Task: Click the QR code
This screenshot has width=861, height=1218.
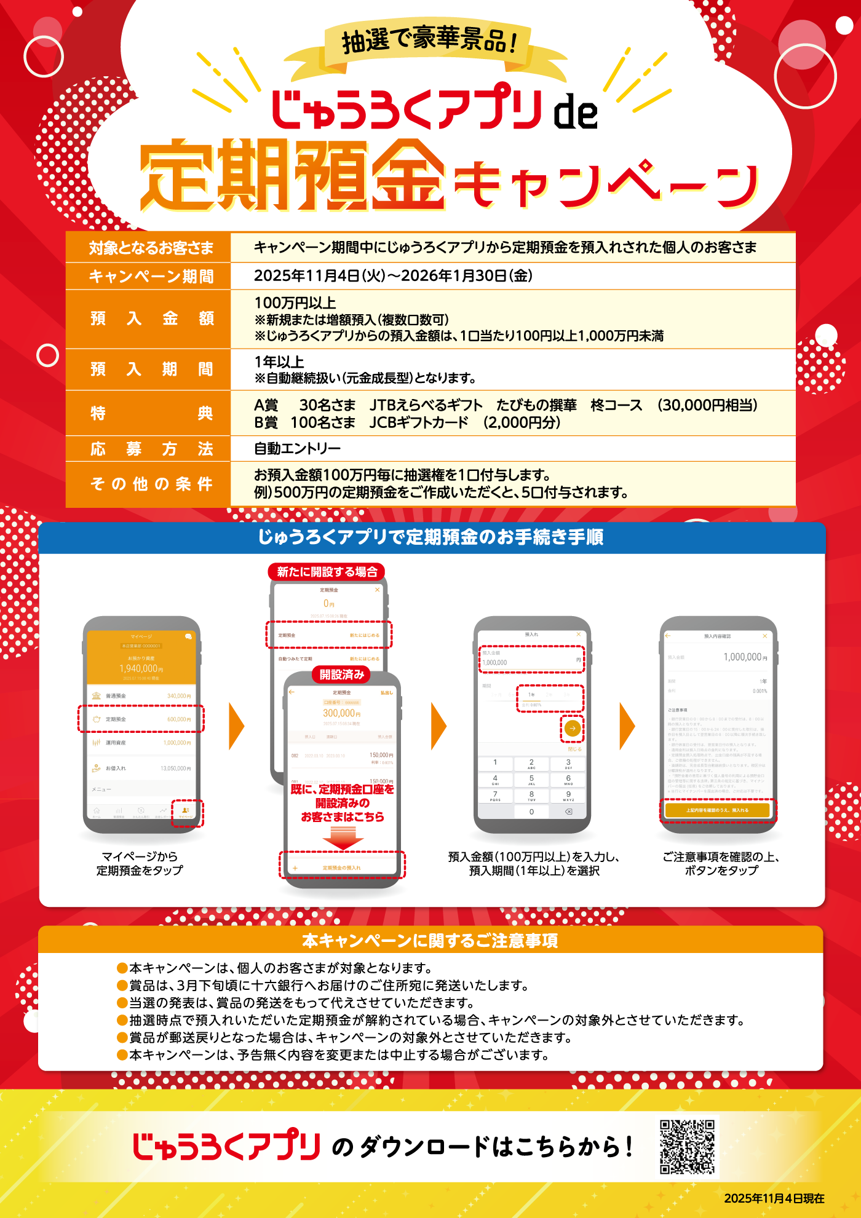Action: pyautogui.click(x=687, y=1147)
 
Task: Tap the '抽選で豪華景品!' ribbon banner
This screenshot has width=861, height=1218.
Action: pyautogui.click(x=429, y=41)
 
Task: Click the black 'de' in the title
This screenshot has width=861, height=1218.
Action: pyautogui.click(x=576, y=112)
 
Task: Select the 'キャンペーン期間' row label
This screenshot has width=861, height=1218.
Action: pyautogui.click(x=151, y=277)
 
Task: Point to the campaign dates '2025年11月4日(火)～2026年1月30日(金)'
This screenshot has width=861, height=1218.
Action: pyautogui.click(x=393, y=276)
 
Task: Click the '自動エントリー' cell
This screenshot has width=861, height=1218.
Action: pyautogui.click(x=297, y=449)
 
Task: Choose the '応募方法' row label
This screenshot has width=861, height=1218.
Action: pyautogui.click(x=151, y=449)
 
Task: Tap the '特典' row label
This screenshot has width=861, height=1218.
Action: pyautogui.click(x=151, y=413)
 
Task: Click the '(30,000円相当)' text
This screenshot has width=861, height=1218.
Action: pyautogui.click(x=707, y=405)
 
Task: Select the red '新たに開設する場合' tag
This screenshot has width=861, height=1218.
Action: pyautogui.click(x=327, y=572)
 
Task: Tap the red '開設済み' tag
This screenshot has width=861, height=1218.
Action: pyautogui.click(x=341, y=674)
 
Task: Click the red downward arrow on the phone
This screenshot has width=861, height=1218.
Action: pyautogui.click(x=343, y=837)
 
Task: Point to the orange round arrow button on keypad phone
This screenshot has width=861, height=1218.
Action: pyautogui.click(x=572, y=729)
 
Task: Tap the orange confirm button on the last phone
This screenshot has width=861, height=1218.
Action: pyautogui.click(x=717, y=810)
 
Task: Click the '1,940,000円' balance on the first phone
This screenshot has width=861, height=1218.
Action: pyautogui.click(x=141, y=668)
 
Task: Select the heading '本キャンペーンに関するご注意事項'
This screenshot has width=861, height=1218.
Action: pyautogui.click(x=430, y=941)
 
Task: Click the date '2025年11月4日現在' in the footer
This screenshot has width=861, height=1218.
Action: pyautogui.click(x=774, y=1198)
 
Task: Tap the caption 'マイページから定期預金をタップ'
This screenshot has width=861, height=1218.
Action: pyautogui.click(x=140, y=863)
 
